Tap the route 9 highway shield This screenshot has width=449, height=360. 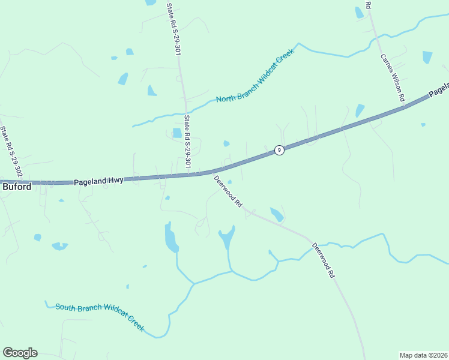[x=279, y=150]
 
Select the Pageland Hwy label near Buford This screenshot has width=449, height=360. [x=98, y=180]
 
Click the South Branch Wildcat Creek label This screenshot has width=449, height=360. [x=100, y=316]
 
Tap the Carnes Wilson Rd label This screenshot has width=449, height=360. [x=393, y=76]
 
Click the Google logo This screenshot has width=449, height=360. [x=20, y=353]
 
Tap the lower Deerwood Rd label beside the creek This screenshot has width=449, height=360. [x=322, y=260]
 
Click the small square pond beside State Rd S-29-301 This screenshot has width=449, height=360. [x=177, y=133]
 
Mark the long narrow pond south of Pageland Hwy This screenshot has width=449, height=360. [x=171, y=238]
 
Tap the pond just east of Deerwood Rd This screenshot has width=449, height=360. [x=277, y=214]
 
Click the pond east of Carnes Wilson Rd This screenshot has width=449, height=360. [x=427, y=57]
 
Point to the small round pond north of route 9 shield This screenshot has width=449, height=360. [x=226, y=143]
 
